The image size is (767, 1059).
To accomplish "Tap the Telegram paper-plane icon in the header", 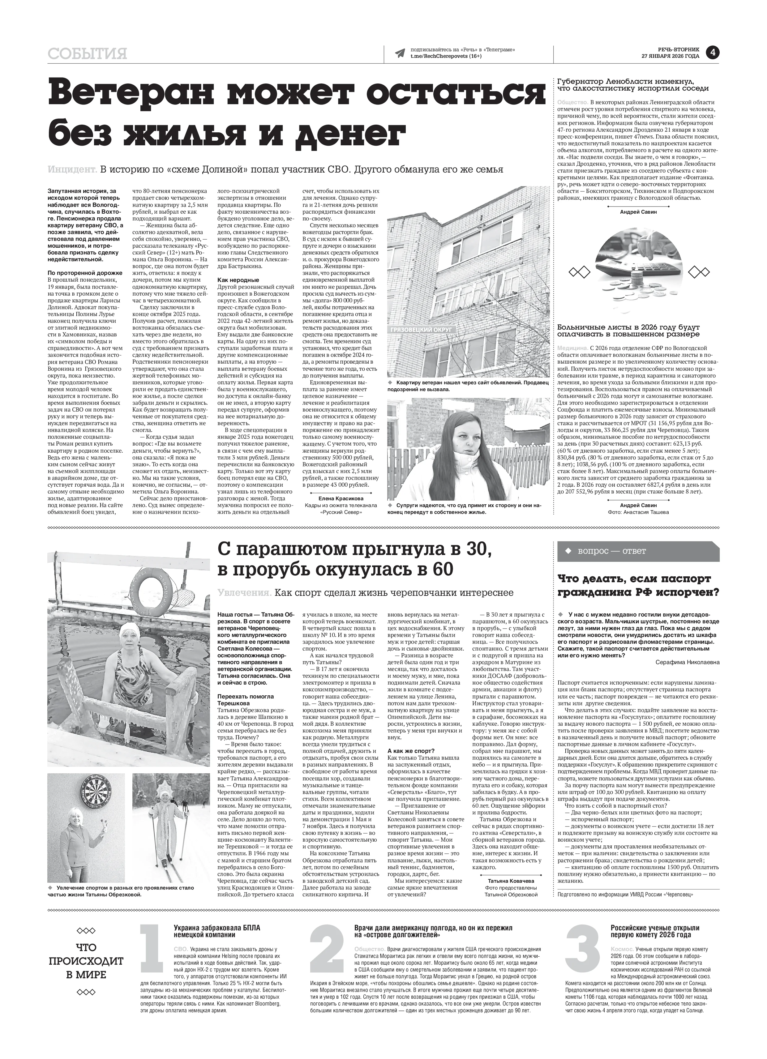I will coord(399,53).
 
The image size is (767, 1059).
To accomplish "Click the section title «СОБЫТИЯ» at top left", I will coord(87,54).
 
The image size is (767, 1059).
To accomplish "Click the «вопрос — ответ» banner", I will coord(638,551).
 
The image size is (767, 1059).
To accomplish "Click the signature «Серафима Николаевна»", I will coord(687,662).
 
